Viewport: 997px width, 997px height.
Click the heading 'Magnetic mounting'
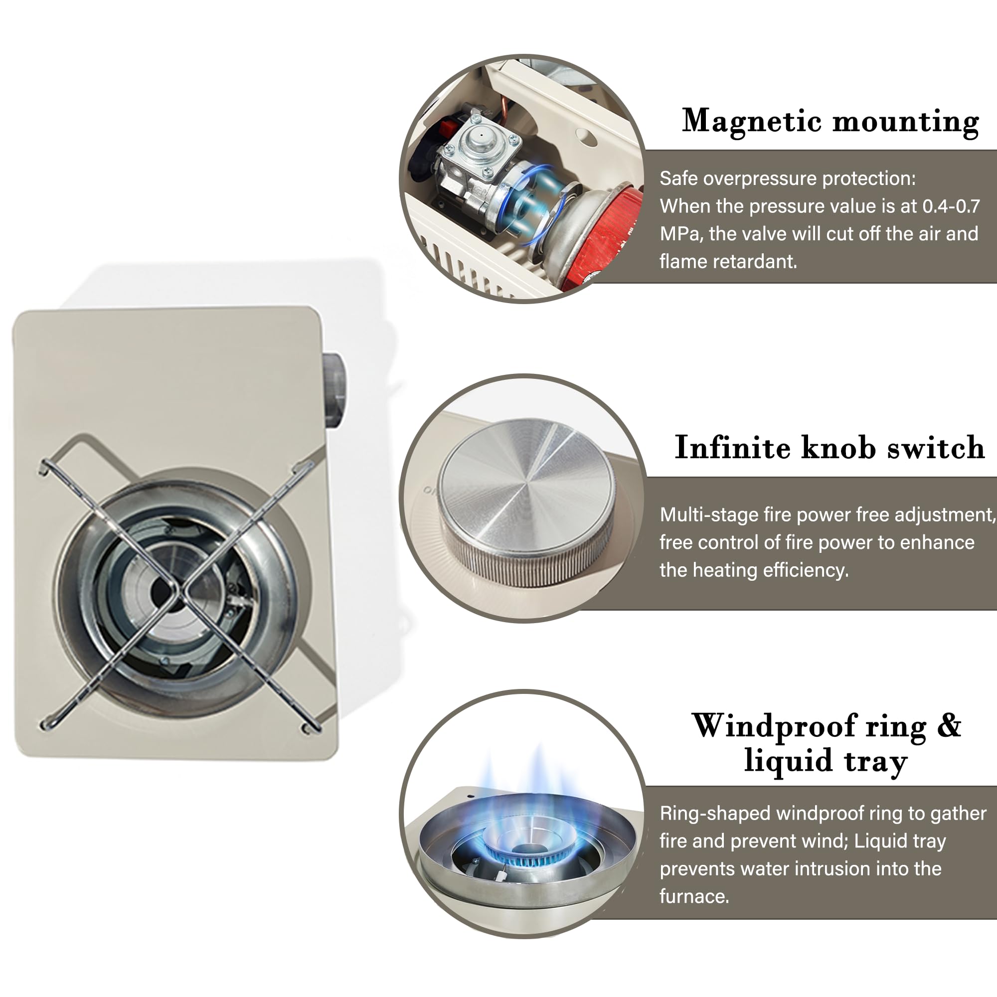coord(831,122)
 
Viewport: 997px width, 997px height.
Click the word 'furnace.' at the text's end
coord(694,896)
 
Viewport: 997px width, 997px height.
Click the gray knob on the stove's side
coord(335,390)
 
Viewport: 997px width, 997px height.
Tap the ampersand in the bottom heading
coord(949,725)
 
